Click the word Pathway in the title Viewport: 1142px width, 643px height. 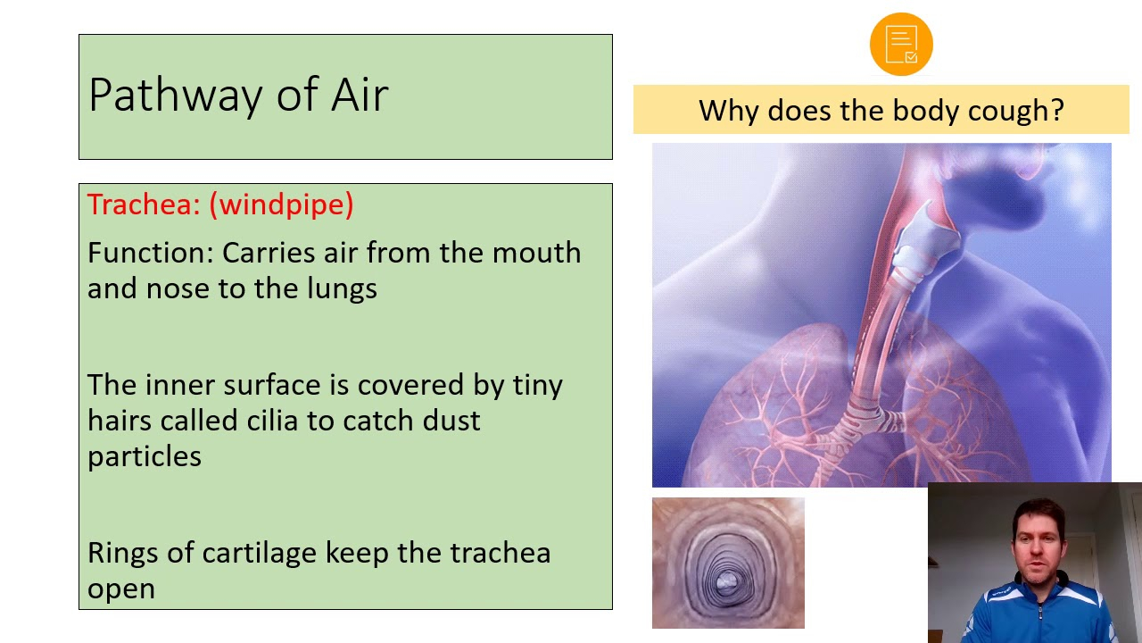pyautogui.click(x=176, y=96)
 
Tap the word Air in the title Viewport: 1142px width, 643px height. pyautogui.click(x=360, y=95)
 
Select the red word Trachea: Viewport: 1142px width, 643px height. pyautogui.click(x=144, y=205)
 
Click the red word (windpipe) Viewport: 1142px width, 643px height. pyautogui.click(x=281, y=205)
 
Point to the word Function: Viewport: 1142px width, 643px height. pyautogui.click(x=151, y=253)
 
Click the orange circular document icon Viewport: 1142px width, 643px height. pyautogui.click(x=901, y=44)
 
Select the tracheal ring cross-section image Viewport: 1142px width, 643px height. pyautogui.click(x=728, y=563)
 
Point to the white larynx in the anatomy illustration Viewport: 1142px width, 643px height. pyautogui.click(x=927, y=241)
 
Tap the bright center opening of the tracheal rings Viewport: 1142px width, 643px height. pyautogui.click(x=726, y=581)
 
